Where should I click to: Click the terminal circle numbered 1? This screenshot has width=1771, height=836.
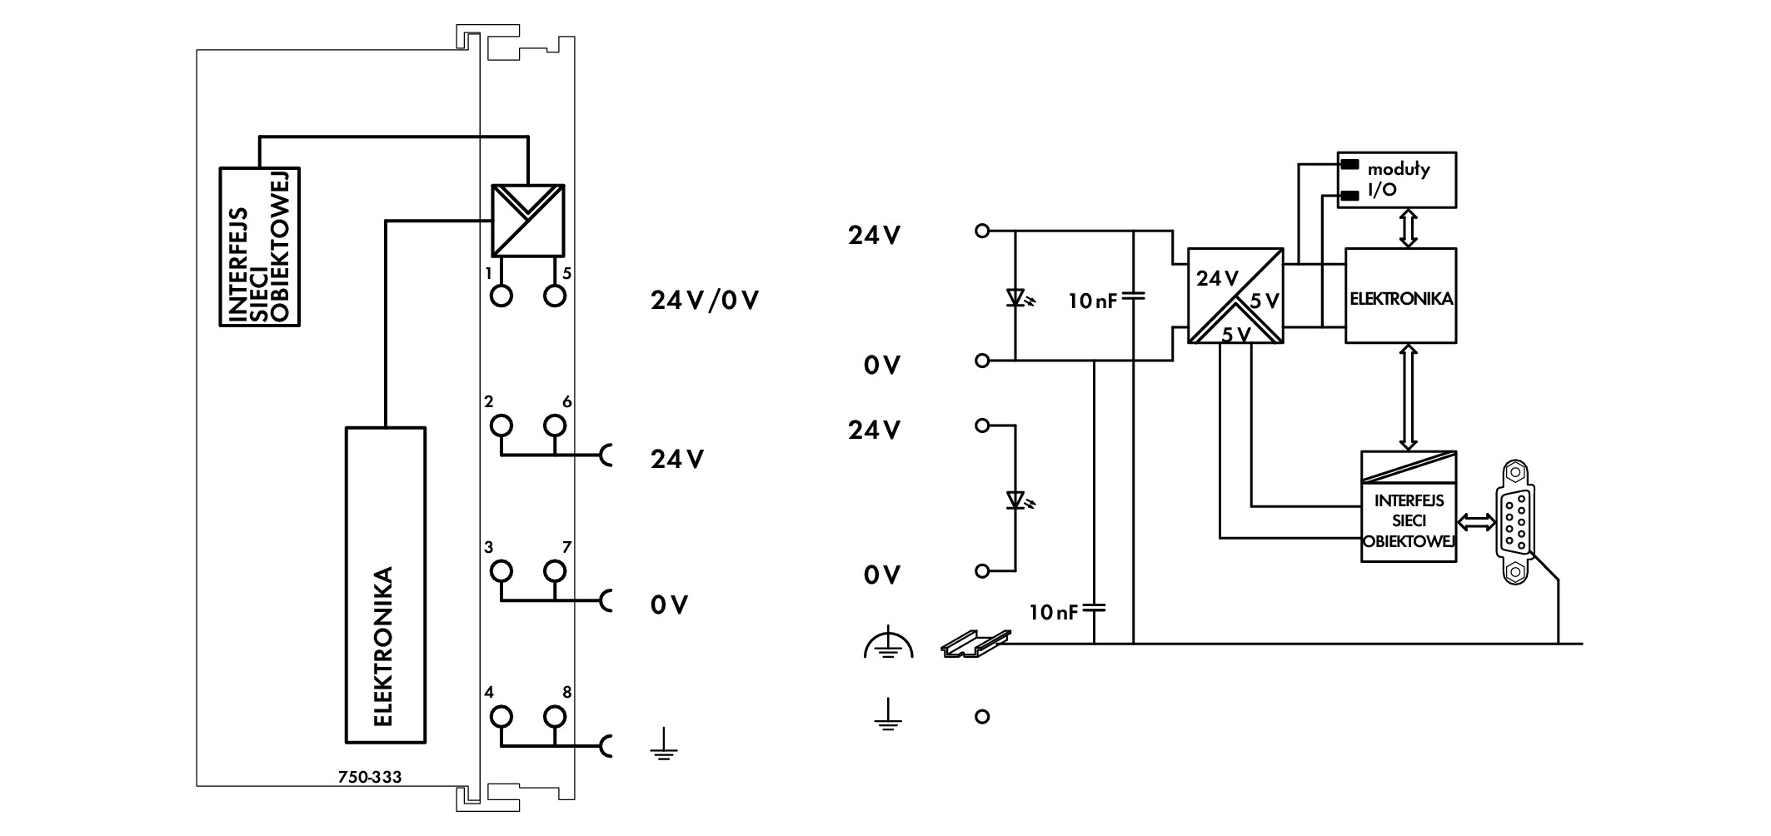(501, 296)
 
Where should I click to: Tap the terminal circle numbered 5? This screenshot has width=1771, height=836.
(555, 296)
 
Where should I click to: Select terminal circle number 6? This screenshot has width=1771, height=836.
(555, 426)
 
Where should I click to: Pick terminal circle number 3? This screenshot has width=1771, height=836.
(501, 571)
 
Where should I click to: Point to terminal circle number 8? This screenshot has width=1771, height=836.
(555, 717)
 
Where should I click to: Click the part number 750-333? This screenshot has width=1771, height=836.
(370, 777)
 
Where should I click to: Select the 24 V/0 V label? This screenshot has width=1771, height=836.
(704, 301)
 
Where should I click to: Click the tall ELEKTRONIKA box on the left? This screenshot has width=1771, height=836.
(386, 585)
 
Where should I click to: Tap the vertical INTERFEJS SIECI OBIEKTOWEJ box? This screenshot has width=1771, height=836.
(259, 247)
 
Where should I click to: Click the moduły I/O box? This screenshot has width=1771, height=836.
(1397, 179)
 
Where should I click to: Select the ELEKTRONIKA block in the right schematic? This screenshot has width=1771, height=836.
(1401, 296)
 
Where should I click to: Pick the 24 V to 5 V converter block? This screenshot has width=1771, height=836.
(1235, 296)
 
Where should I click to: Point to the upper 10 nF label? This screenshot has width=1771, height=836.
(1093, 301)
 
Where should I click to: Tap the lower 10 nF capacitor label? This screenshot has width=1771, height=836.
(1054, 614)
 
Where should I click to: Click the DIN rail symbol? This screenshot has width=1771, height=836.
(975, 644)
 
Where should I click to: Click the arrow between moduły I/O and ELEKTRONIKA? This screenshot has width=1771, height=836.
(1408, 227)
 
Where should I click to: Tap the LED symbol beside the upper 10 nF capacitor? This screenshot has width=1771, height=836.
(1016, 297)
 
